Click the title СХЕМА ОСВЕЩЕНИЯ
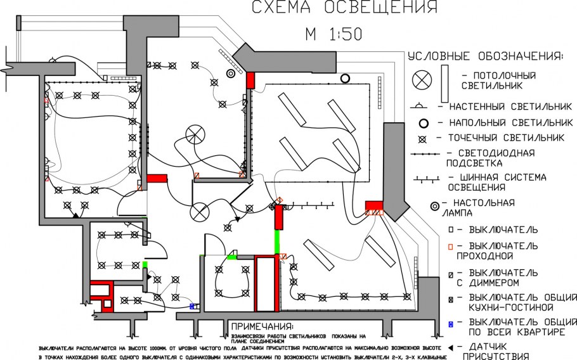(344, 8)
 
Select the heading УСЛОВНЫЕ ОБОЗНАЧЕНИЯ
(485, 56)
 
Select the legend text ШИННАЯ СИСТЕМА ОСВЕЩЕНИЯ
(497, 183)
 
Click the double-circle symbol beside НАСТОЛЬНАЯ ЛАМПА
(435, 206)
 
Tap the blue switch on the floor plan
(192, 305)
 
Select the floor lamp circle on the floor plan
(345, 79)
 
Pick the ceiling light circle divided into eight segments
(195, 134)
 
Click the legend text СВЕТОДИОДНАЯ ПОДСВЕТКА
(491, 158)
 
